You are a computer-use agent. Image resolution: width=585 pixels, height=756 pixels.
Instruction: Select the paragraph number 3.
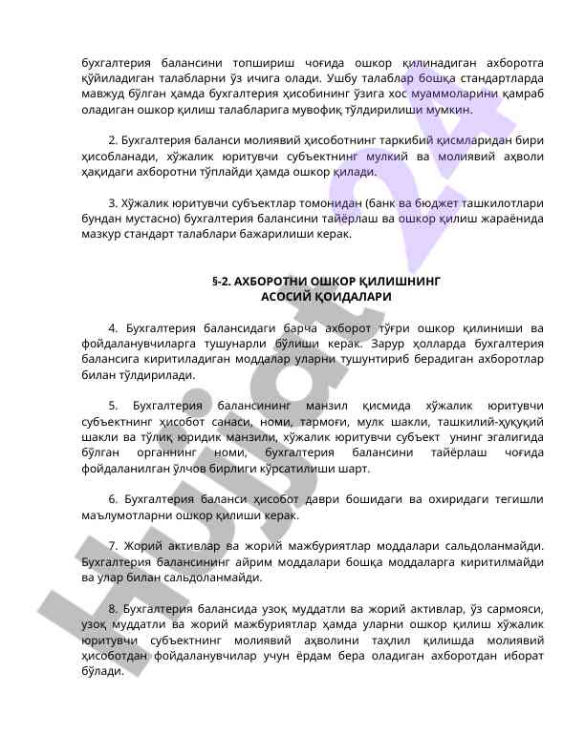click(114, 203)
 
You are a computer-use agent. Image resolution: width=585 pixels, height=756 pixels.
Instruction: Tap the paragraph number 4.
click(114, 328)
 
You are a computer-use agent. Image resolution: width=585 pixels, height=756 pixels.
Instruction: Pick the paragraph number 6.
click(114, 499)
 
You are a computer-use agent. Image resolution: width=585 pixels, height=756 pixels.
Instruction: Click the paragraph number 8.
click(114, 608)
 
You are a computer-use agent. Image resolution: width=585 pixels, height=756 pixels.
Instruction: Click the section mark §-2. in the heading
click(224, 283)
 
